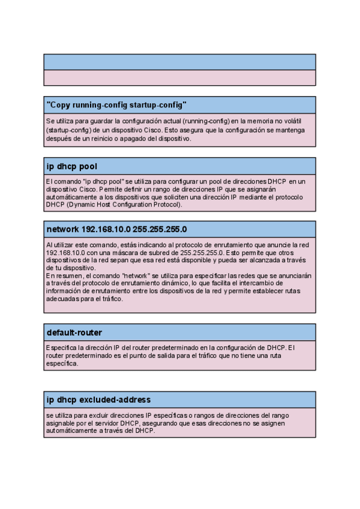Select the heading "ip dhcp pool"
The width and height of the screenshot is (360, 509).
(72, 166)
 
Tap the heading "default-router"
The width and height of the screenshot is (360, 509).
(74, 332)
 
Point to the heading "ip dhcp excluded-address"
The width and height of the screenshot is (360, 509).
(98, 399)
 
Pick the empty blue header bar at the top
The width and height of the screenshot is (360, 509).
(179, 62)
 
